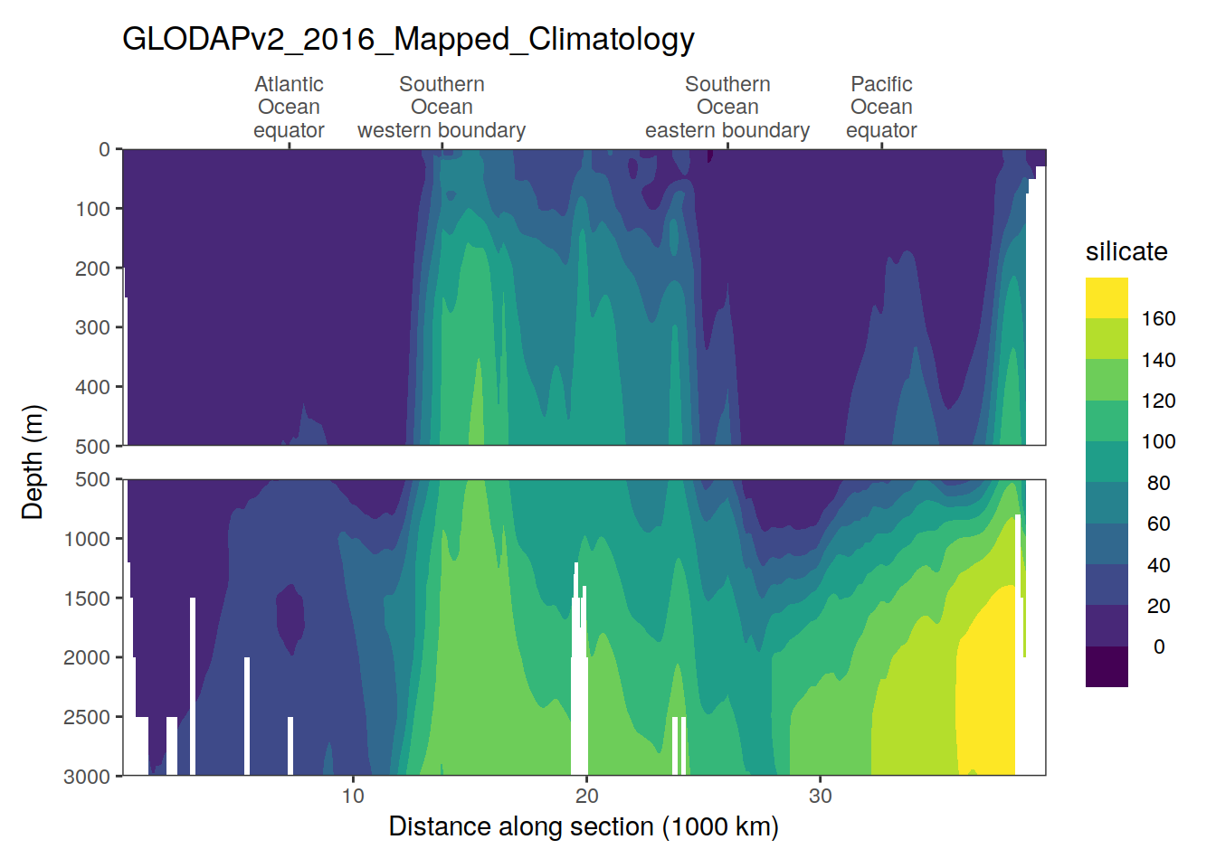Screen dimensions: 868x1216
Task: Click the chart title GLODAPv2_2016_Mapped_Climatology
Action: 408,39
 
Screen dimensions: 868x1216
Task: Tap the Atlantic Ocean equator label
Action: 289,108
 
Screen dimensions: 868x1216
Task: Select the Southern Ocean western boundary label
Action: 442,108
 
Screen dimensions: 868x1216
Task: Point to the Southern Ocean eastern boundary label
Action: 727,108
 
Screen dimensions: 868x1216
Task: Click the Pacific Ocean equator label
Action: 881,108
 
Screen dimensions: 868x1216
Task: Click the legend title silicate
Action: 1126,251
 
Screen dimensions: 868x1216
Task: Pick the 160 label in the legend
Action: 1158,319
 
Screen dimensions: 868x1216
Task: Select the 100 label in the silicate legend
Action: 1158,442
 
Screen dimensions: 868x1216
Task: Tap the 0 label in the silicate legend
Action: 1158,647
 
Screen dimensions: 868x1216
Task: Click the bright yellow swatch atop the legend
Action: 1107,297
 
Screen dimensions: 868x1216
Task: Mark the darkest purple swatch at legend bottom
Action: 1107,667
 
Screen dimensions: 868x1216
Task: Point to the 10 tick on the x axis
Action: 353,796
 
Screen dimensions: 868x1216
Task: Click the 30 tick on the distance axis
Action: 821,796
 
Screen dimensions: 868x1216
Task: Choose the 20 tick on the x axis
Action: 586,796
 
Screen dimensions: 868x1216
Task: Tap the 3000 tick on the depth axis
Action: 87,777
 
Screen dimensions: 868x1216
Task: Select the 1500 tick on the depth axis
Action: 87,599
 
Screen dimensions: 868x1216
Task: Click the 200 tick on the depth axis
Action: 92,269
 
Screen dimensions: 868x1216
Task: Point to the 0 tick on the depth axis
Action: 104,150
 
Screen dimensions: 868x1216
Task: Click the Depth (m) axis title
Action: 33,462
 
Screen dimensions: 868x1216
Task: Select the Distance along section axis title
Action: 584,826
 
